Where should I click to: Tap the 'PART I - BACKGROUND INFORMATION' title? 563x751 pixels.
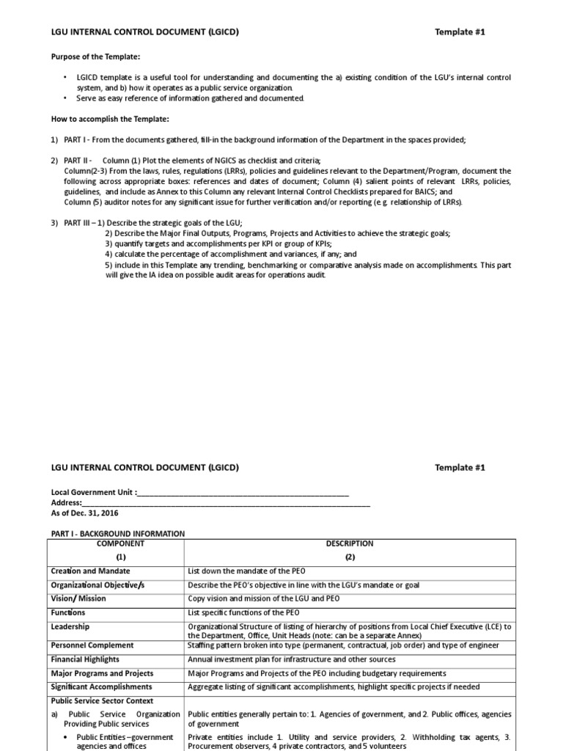coord(117,533)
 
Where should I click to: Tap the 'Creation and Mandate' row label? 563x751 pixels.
coord(90,571)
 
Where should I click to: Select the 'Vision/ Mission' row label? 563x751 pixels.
coord(78,598)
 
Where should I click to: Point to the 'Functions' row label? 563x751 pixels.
coord(67,612)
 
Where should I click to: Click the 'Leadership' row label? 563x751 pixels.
coord(70,627)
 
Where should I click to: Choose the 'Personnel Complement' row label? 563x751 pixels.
coord(92,645)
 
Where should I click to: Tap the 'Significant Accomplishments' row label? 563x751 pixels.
coord(101,687)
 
